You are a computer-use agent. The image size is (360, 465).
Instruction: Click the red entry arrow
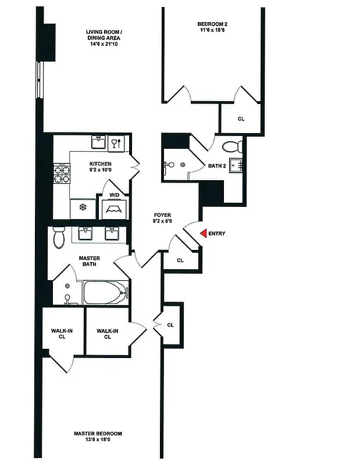(x=203, y=234)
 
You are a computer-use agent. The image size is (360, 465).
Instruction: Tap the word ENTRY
(x=217, y=234)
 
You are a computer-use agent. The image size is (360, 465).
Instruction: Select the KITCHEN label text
(x=100, y=164)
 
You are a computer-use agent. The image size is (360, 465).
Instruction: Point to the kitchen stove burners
(x=62, y=173)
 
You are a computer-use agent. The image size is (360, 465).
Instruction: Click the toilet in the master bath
(x=59, y=237)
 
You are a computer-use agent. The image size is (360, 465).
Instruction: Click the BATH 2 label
(x=216, y=166)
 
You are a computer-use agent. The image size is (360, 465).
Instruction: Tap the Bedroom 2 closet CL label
(x=241, y=119)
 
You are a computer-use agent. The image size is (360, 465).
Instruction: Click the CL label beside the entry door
(x=180, y=260)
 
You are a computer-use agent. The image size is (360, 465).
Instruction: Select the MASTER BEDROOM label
(x=98, y=434)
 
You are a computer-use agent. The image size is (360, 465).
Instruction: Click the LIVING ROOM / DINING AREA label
(x=104, y=35)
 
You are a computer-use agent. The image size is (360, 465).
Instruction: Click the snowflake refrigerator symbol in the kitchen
(x=82, y=207)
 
